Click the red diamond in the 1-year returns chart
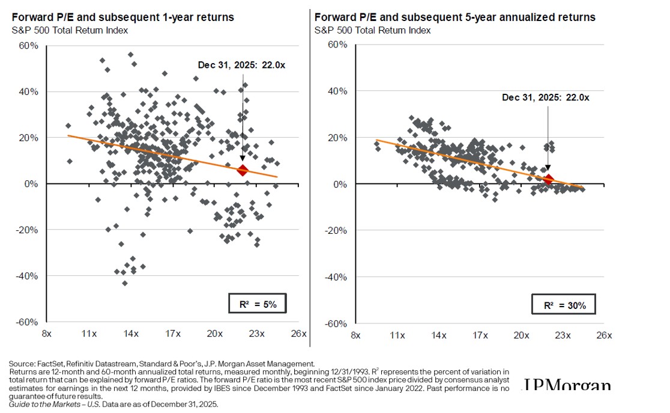coord(243,171)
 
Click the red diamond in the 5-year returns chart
coord(548,179)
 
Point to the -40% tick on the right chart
coord(336,277)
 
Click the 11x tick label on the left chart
coord(89,334)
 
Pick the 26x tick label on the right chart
coord(604,335)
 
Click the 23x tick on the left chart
coord(257,334)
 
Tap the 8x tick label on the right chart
coord(355,335)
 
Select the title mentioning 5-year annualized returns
coord(454,17)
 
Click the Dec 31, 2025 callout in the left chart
coord(242,65)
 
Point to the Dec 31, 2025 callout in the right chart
coord(546,97)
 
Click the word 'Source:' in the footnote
coord(21,364)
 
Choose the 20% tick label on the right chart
coord(337,138)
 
